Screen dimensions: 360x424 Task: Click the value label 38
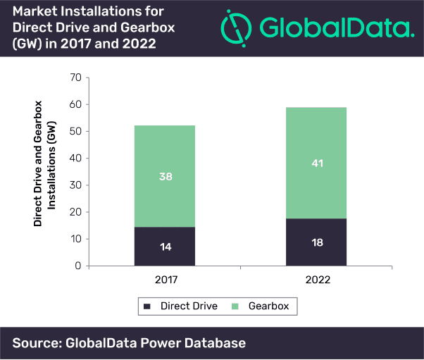point(165,176)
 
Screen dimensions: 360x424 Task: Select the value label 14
point(165,247)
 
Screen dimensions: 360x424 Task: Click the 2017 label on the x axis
point(165,280)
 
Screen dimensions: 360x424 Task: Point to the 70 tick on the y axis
point(76,77)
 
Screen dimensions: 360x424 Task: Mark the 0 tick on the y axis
point(79,266)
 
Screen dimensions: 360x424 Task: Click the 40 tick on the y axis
point(76,159)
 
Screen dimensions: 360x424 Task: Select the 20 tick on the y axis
point(76,212)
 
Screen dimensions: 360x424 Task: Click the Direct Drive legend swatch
point(147,306)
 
